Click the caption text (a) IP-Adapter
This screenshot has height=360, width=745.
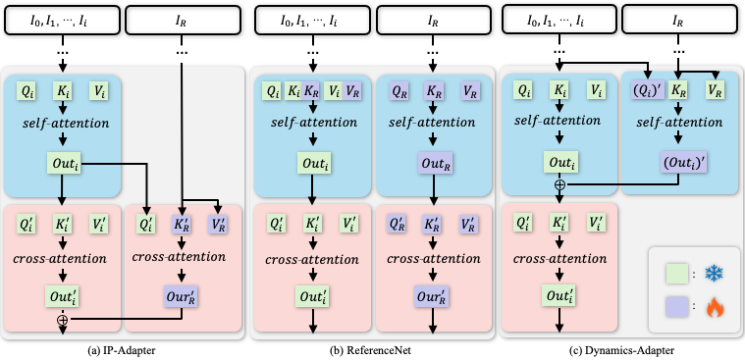122,351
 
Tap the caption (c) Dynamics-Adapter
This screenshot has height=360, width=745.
621,351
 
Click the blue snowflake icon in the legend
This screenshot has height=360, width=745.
714,274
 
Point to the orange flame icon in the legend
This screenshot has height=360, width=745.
714,308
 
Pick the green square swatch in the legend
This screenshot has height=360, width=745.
676,274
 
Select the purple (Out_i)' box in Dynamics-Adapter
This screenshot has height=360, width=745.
677,162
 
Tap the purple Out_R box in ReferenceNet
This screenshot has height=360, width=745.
434,162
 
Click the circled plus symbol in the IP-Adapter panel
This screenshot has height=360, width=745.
62,319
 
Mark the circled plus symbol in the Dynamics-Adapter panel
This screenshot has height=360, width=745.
560,184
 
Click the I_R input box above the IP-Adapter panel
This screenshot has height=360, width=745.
182,20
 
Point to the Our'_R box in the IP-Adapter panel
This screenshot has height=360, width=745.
182,296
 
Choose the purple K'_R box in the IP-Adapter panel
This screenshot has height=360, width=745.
181,225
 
